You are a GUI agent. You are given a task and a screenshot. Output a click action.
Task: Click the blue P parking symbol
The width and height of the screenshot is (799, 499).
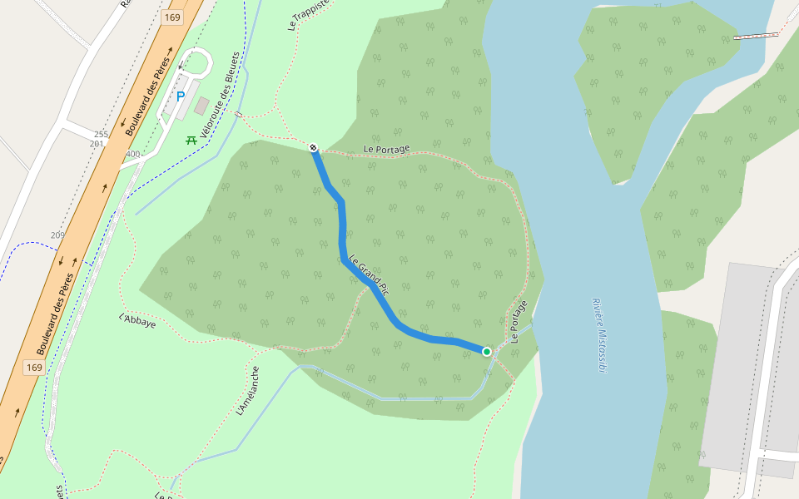point(180,96)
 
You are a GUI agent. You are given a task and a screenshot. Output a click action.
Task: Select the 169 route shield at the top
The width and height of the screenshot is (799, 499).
point(172,17)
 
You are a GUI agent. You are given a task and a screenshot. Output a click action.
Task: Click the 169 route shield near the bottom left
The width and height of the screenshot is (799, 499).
point(34,367)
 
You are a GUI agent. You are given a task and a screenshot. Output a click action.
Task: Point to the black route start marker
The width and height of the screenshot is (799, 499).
point(314,148)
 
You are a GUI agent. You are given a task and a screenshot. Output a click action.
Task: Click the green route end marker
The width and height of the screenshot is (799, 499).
point(487,352)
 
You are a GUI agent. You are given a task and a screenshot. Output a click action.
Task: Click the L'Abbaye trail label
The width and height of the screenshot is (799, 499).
point(137,321)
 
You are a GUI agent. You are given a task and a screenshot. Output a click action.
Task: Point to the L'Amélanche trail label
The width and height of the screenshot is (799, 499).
point(248,392)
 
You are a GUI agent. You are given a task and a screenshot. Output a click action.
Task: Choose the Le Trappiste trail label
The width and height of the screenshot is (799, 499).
point(309,13)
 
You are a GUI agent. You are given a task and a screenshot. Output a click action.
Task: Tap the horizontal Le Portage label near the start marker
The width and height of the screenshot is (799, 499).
point(386,149)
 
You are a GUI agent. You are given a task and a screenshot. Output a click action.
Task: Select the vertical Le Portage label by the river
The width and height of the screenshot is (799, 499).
point(519,322)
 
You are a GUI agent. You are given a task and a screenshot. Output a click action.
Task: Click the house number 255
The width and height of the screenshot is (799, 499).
point(101,134)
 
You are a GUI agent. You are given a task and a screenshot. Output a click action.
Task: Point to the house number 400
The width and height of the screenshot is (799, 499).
point(132,154)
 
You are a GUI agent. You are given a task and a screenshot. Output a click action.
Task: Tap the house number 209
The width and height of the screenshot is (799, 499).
point(57,235)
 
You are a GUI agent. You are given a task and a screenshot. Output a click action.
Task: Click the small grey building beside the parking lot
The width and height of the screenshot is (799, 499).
point(202,106)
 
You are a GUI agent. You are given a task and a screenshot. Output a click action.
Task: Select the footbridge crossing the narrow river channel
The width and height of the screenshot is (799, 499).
point(757,36)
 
